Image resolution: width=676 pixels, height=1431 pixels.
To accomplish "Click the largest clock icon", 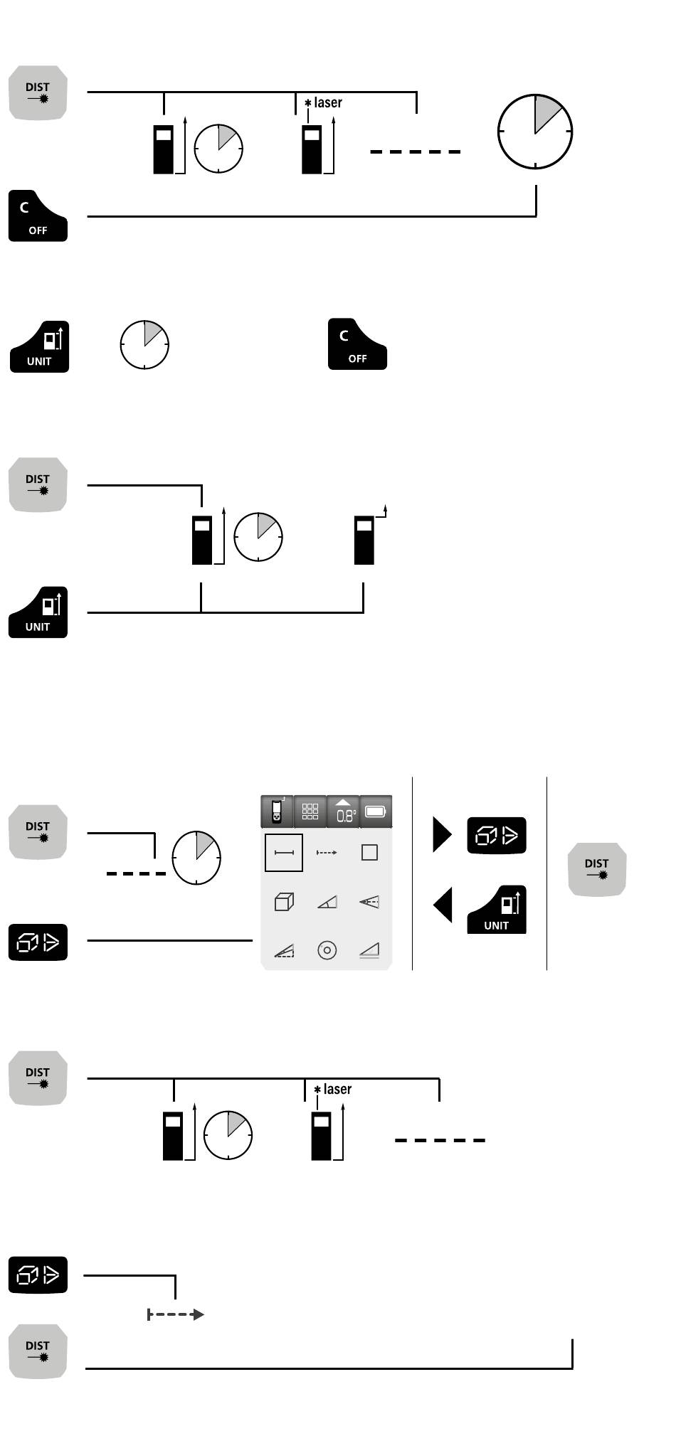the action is (x=534, y=131).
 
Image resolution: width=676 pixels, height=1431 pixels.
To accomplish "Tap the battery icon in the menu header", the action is (x=376, y=812).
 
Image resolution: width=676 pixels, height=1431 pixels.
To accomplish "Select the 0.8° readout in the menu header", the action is (x=343, y=812).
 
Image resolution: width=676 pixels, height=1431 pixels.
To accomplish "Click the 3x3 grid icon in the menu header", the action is (x=310, y=812).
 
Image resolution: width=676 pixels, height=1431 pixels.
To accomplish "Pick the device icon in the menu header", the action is (x=277, y=812).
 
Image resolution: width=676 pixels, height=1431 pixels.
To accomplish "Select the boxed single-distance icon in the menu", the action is (x=284, y=853).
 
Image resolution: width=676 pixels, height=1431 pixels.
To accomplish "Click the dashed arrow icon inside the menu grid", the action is (x=327, y=853).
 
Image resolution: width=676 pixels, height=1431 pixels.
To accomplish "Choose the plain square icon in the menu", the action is (x=369, y=853).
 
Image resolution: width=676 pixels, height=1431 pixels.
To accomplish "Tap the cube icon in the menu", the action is (x=284, y=902).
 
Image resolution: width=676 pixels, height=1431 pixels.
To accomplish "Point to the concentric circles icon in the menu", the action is (x=327, y=950).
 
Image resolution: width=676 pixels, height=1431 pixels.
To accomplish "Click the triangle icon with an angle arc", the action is (x=327, y=902).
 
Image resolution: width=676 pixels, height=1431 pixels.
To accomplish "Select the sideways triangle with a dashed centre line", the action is (x=369, y=902).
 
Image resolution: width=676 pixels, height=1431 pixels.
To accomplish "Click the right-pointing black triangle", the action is (x=442, y=834).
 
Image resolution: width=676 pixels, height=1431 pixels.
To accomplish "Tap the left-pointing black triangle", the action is (x=443, y=906).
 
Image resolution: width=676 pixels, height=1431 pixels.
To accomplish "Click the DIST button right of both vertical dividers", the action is (x=597, y=869).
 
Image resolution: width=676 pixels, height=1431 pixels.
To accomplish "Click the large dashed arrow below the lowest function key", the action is (x=176, y=1314).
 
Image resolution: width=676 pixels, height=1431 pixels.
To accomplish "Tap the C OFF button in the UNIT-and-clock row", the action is (x=357, y=344).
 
